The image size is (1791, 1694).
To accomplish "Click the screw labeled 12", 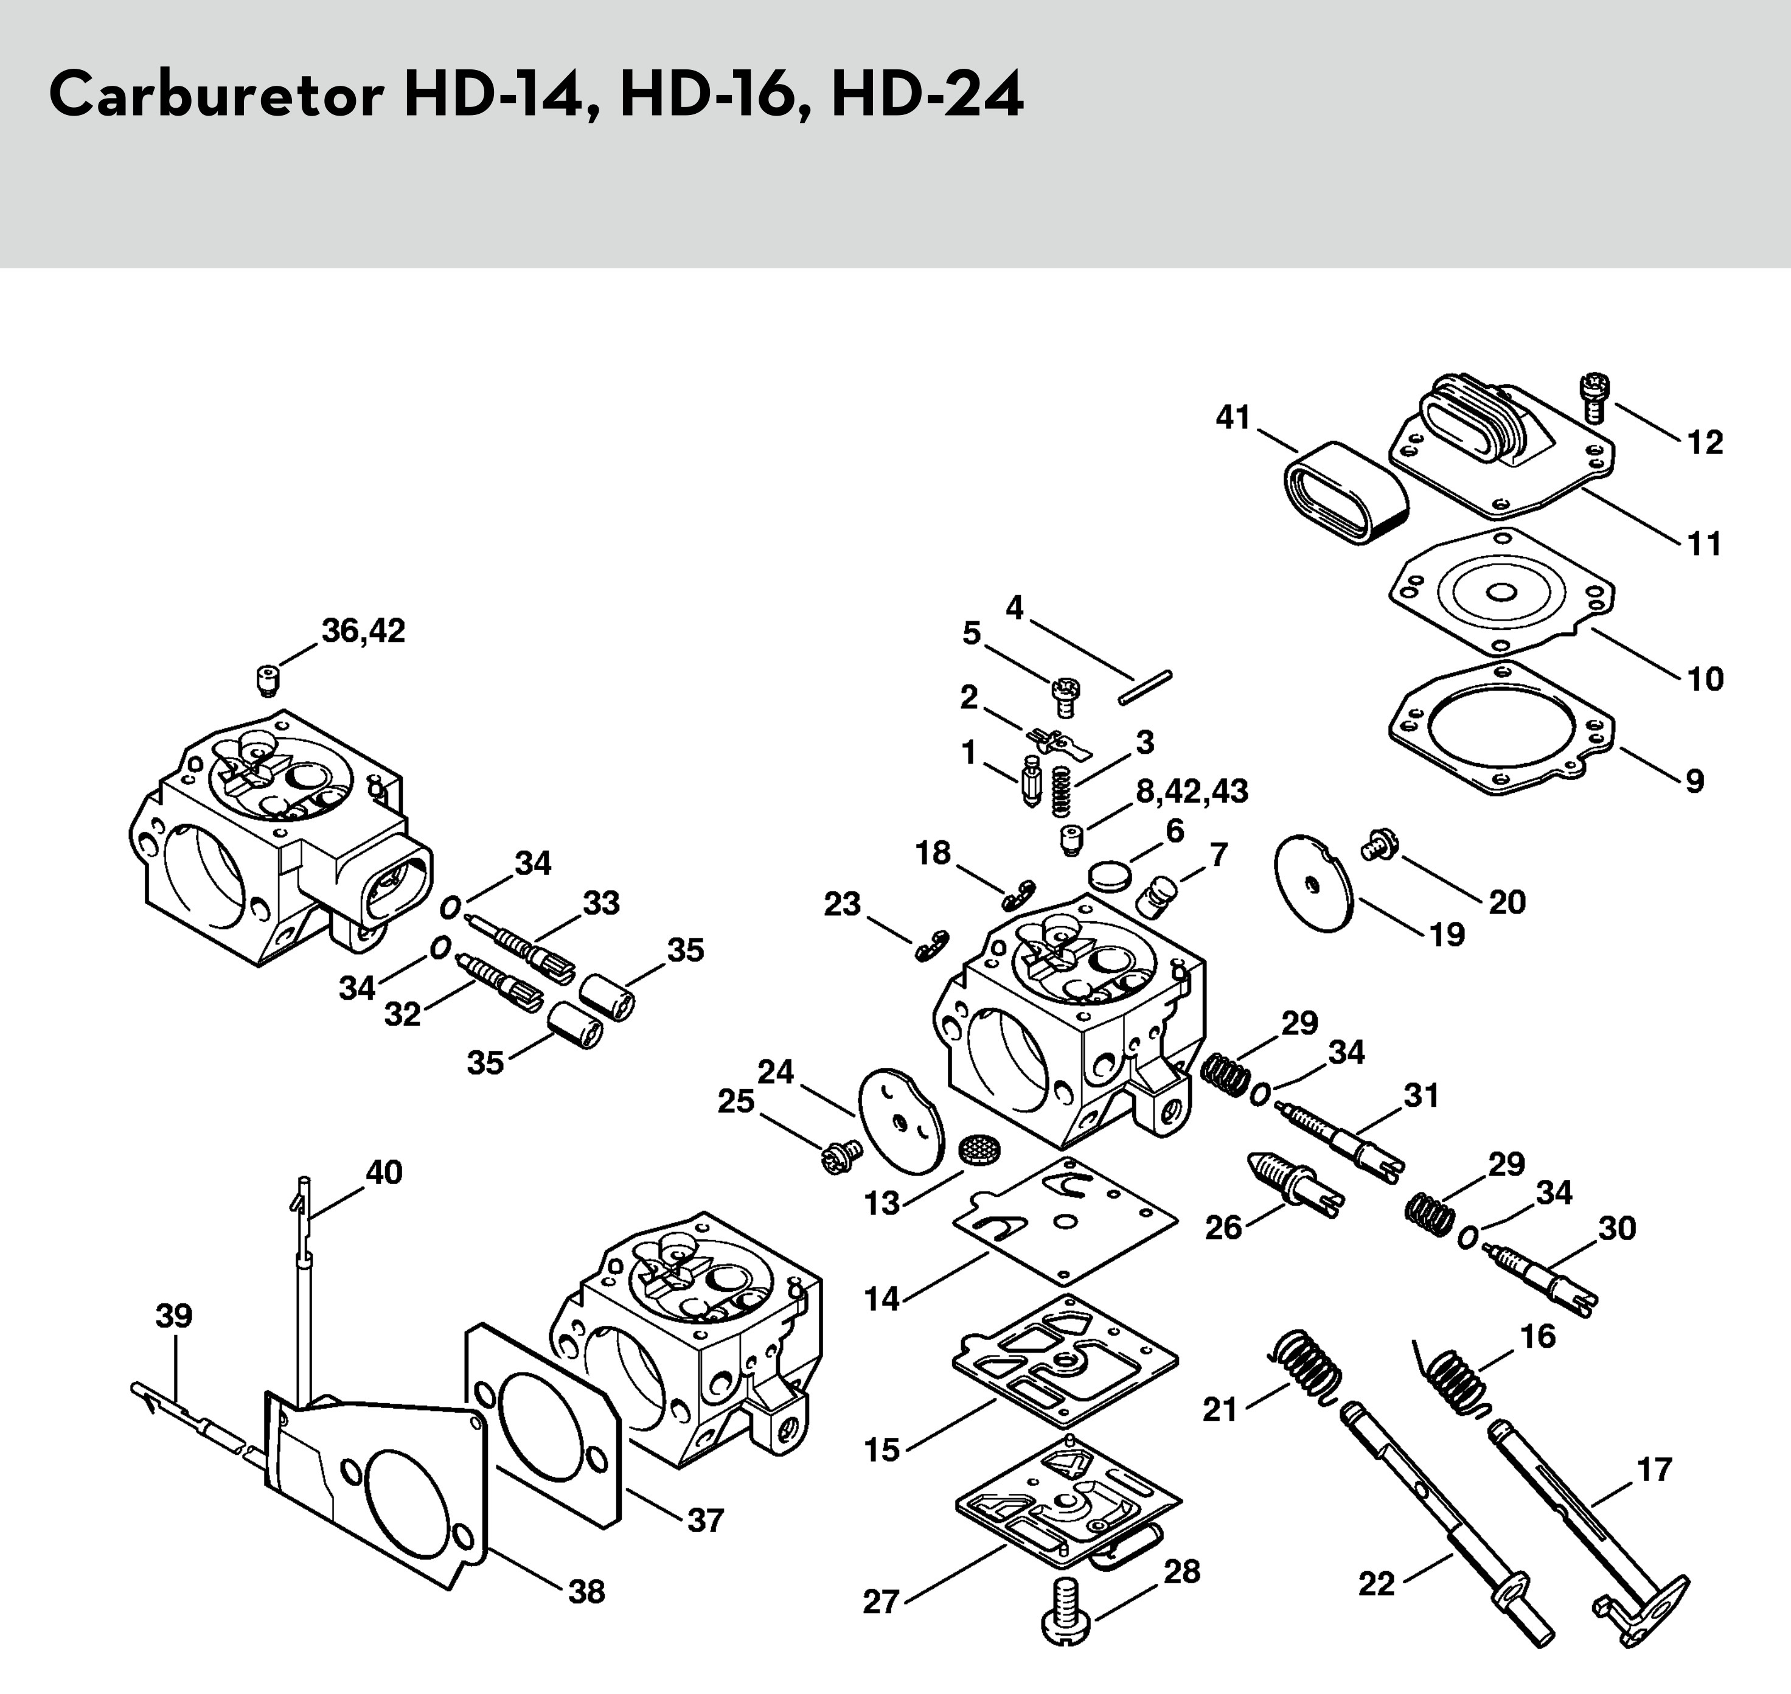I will click(1595, 397).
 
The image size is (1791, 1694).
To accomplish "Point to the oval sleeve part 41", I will click(1345, 492).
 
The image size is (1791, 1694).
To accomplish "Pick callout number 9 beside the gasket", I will click(1694, 780).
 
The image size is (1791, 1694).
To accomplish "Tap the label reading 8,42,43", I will click(1192, 791).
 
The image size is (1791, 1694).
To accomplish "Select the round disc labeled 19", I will click(1313, 883).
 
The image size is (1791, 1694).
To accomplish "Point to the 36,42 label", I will click(363, 631).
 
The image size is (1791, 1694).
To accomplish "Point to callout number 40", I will click(384, 1172).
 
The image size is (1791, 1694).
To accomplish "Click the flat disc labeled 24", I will click(900, 1120).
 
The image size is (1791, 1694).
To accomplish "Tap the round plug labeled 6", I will click(1108, 874).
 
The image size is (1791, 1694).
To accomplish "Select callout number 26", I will click(1223, 1227).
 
